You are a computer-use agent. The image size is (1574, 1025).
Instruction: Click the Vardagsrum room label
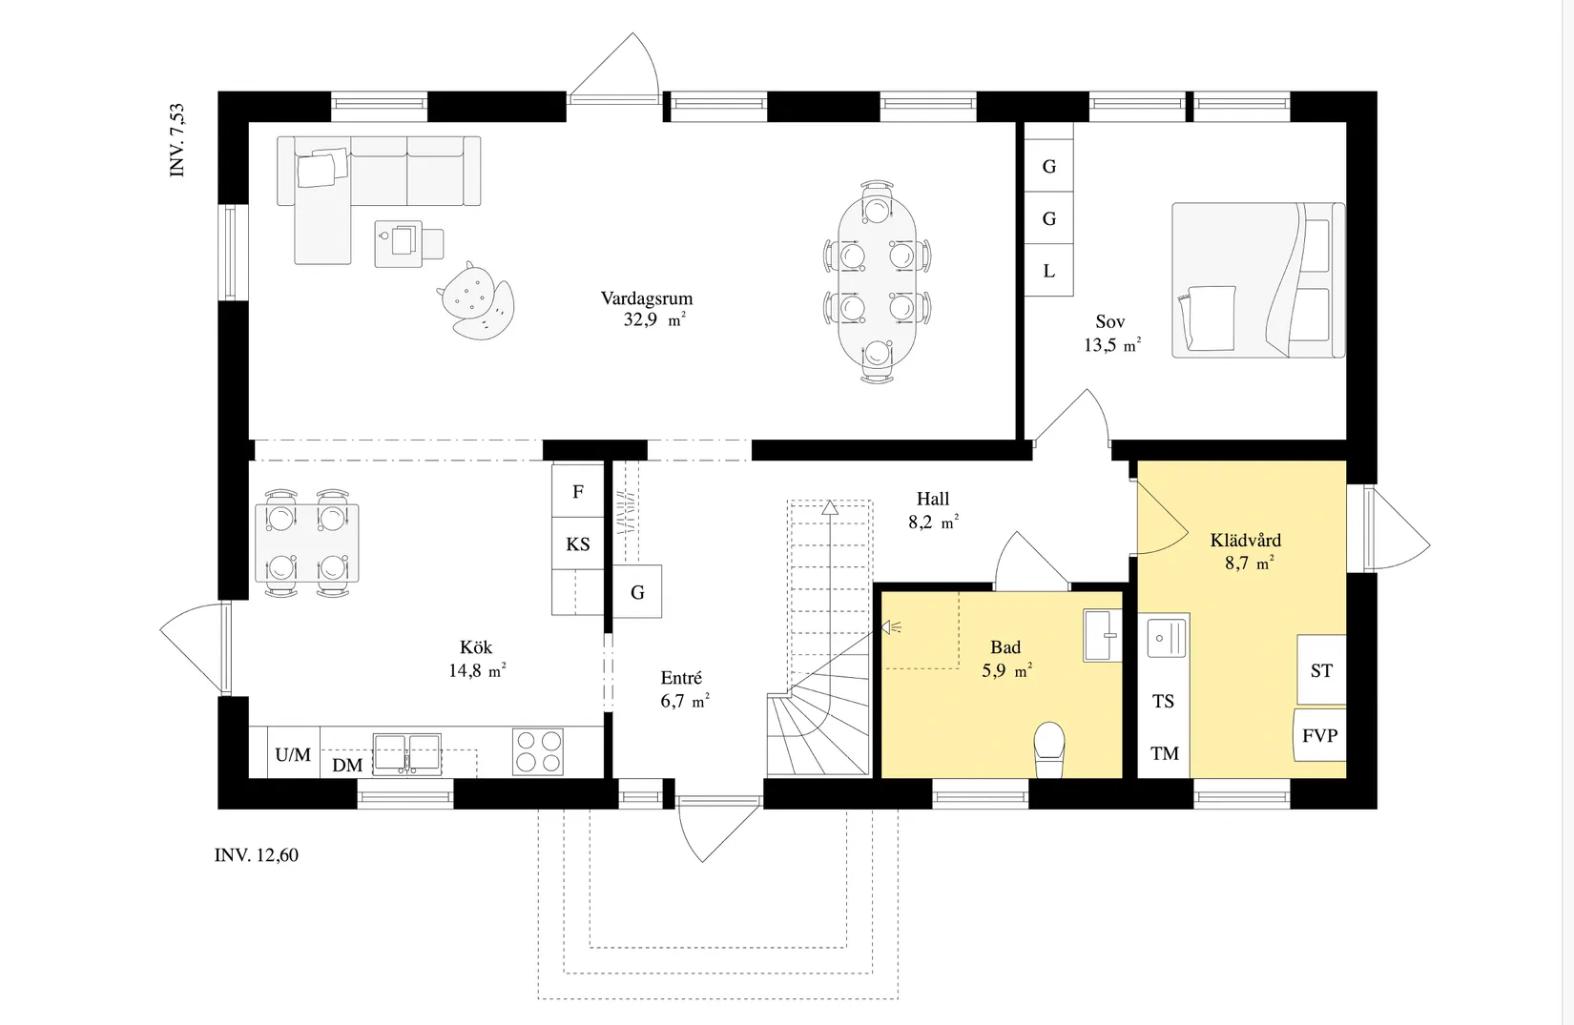pos(647,297)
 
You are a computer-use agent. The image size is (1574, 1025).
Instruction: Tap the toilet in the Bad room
pos(1049,749)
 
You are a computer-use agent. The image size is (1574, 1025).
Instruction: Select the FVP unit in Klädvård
pos(1319,735)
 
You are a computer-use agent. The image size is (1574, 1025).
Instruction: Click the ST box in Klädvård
pos(1321,670)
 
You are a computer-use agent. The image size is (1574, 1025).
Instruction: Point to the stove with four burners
pos(538,751)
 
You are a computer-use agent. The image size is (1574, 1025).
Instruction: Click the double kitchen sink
pos(406,754)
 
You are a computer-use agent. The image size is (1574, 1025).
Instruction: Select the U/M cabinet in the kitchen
pos(293,753)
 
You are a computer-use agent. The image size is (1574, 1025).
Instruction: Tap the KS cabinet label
pos(577,544)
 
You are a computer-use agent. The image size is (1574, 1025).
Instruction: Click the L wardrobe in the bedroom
pos(1048,271)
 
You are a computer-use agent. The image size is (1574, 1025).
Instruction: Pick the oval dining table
pos(877,281)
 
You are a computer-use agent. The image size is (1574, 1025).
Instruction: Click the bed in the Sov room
pos(1258,280)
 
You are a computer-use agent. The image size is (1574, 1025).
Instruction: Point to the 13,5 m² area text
pos(1112,345)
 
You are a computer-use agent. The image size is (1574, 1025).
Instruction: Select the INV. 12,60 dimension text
pos(257,855)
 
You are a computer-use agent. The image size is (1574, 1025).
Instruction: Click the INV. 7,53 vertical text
pos(177,140)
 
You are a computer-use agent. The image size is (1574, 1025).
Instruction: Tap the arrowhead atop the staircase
pos(830,506)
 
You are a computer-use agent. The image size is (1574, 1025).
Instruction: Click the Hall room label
pos(932,499)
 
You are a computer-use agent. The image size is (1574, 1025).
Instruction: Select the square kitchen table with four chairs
pos(306,543)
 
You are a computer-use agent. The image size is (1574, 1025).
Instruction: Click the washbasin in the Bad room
pos(1102,636)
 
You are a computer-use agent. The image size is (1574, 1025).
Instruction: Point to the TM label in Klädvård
pos(1165,754)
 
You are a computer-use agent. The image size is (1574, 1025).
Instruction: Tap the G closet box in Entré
pos(637,591)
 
